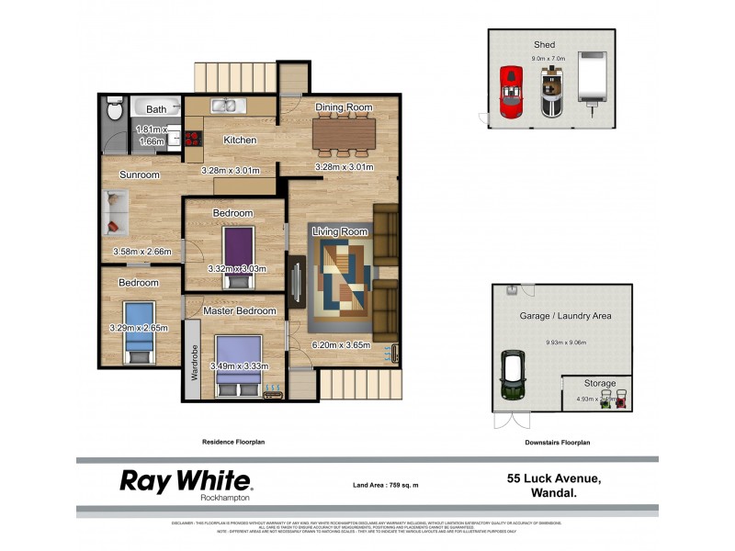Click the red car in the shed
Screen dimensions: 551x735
510,91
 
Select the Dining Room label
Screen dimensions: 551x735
344,107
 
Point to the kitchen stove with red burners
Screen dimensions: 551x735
193,139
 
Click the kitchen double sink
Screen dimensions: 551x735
224,106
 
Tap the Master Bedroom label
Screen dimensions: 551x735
240,310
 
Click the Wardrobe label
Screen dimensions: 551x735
194,363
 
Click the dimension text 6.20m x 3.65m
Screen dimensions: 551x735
341,345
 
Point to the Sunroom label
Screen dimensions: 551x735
140,174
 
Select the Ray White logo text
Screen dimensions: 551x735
186,480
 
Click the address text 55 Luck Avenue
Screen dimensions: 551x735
554,478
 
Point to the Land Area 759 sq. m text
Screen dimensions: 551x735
386,484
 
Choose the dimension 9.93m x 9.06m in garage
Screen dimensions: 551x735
565,343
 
